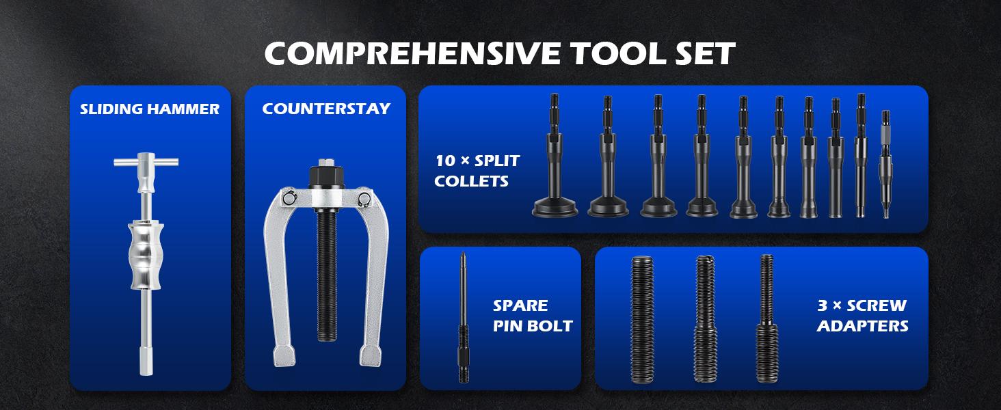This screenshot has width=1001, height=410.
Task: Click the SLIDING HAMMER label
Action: (150, 109)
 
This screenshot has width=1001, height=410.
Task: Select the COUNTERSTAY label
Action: (325, 109)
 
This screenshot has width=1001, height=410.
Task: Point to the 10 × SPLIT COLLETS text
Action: (477, 171)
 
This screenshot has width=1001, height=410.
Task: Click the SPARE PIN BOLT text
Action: (532, 316)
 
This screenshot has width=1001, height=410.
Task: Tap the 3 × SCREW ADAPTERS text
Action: (862, 316)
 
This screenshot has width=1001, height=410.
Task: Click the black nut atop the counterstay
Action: (325, 177)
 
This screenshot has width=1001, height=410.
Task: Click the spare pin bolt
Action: (462, 317)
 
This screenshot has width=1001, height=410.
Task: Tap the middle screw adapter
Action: (704, 318)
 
